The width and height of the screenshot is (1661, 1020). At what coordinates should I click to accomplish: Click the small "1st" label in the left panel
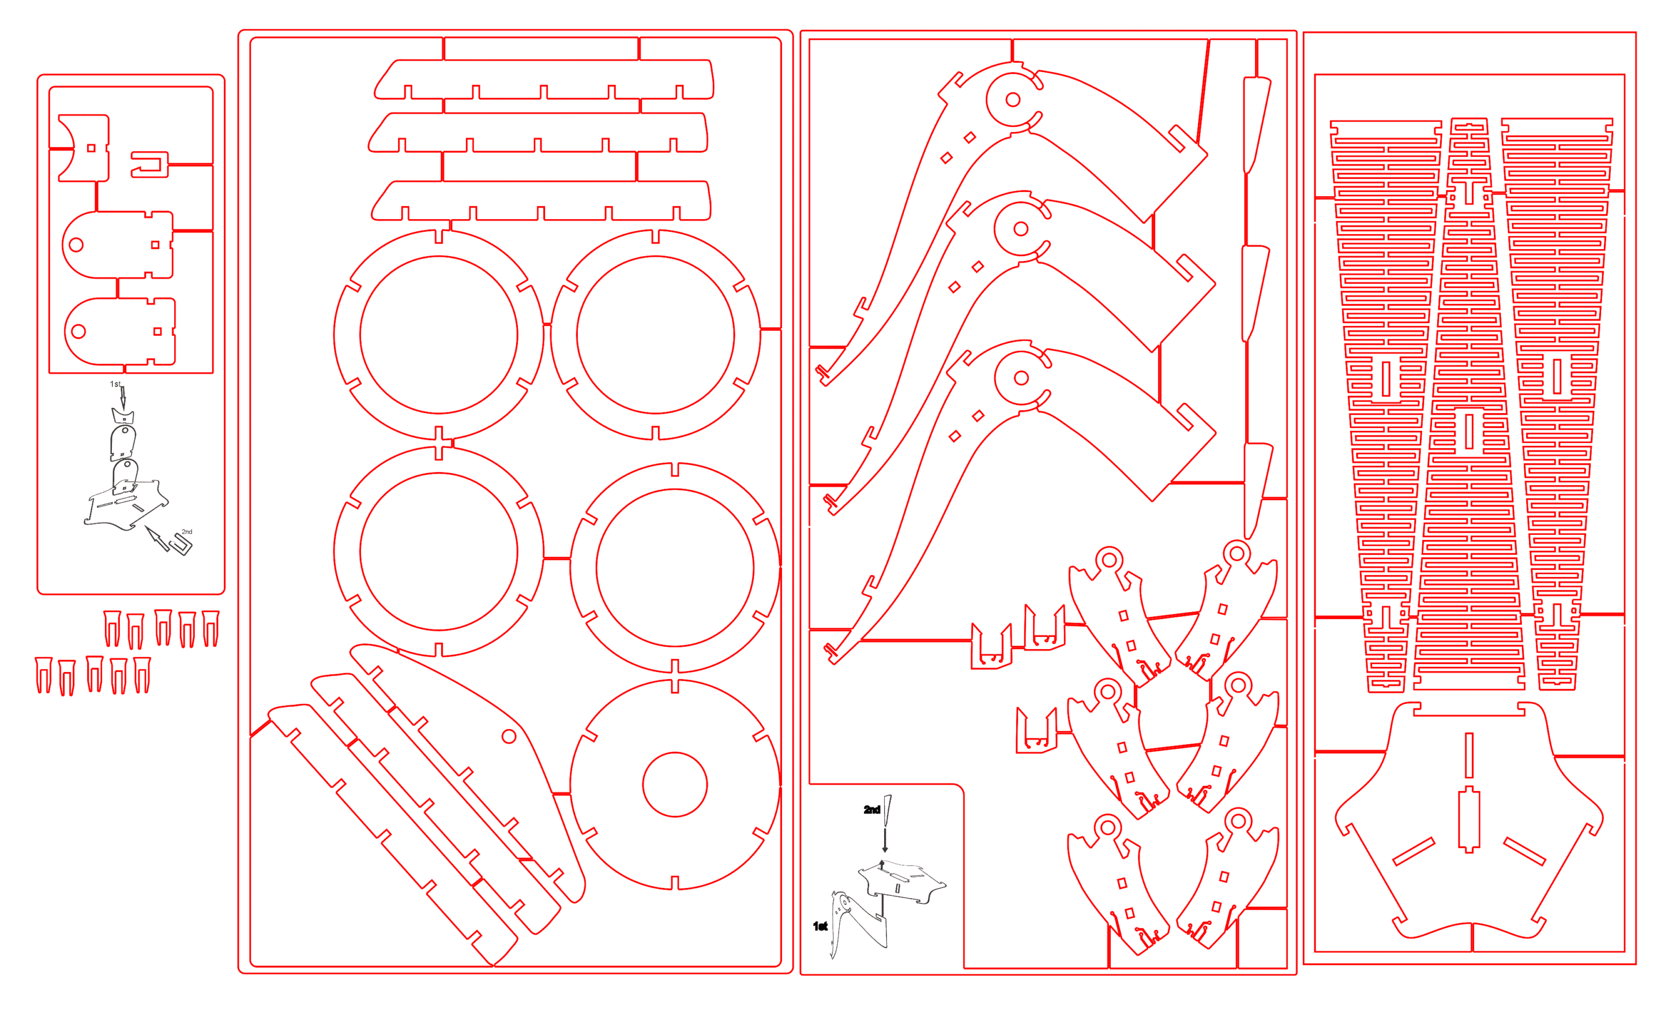pos(115,384)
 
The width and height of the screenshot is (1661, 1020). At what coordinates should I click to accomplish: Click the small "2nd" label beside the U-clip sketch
pos(187,531)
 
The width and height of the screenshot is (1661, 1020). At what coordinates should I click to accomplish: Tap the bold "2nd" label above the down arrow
pos(871,809)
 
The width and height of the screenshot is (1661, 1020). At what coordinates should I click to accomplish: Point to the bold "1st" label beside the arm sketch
pos(820,926)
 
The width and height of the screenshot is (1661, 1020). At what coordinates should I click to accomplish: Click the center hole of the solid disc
pos(674,785)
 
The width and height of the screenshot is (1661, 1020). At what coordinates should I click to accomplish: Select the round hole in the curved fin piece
pos(509,737)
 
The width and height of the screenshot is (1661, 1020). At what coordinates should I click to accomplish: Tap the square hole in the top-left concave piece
pos(92,148)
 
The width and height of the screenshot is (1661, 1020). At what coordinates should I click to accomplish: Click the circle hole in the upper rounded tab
pos(76,245)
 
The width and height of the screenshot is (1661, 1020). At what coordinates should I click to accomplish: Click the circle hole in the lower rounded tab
pos(78,331)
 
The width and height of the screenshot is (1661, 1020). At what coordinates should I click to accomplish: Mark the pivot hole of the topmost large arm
pos(1012,100)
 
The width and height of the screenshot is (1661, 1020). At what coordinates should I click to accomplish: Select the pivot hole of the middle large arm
pos(1020,228)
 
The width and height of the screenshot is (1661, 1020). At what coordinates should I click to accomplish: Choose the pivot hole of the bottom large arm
pos(1021,378)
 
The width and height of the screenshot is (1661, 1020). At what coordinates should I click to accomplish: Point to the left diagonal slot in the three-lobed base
pos(1414,852)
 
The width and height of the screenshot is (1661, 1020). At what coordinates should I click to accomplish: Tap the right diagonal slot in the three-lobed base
pos(1524,852)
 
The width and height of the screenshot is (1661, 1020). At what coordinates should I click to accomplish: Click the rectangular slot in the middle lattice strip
pos(1470,430)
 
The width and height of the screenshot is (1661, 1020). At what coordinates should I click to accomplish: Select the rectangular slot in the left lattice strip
pos(1386,378)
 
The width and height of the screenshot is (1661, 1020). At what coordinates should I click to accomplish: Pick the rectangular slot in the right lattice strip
pos(1557,376)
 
